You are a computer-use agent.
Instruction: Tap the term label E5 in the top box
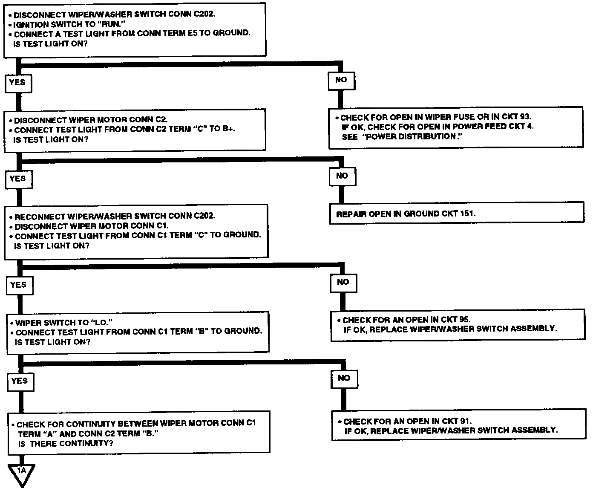tap(193, 33)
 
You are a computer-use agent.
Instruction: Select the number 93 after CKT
tap(525, 116)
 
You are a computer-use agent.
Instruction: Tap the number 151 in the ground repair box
tap(467, 214)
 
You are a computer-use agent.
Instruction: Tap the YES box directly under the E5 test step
tap(17, 83)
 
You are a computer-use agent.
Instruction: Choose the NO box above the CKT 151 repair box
tap(342, 176)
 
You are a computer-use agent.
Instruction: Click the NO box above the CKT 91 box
tap(344, 378)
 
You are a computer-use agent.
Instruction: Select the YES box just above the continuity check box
tap(20, 381)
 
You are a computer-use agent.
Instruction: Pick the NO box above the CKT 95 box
tap(343, 282)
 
